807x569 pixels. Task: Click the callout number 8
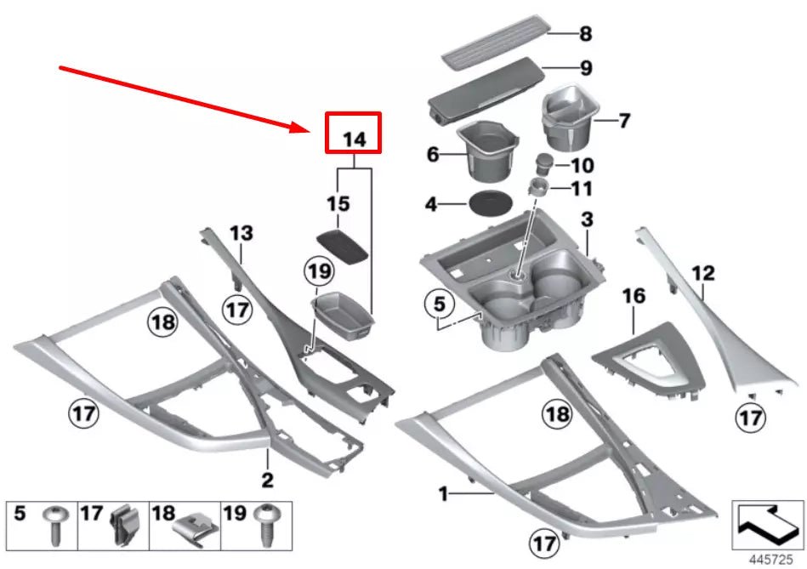585,35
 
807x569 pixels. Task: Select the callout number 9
585,66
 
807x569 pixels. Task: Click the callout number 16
634,297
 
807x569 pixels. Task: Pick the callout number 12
703,274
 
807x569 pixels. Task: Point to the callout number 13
242,232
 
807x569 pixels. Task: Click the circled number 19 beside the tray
316,273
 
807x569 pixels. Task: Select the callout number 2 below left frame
267,481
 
